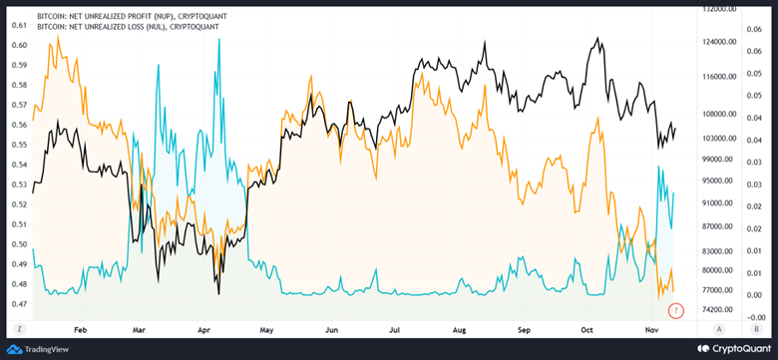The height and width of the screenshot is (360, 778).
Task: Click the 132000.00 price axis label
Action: (x=718, y=8)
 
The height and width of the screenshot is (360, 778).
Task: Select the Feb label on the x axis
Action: (x=81, y=328)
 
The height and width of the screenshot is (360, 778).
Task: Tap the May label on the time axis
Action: (x=267, y=328)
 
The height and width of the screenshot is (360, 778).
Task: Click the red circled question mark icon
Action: (x=675, y=311)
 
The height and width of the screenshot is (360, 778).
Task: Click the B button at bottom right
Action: (x=757, y=328)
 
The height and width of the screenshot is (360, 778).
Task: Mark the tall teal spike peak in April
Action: (x=218, y=40)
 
